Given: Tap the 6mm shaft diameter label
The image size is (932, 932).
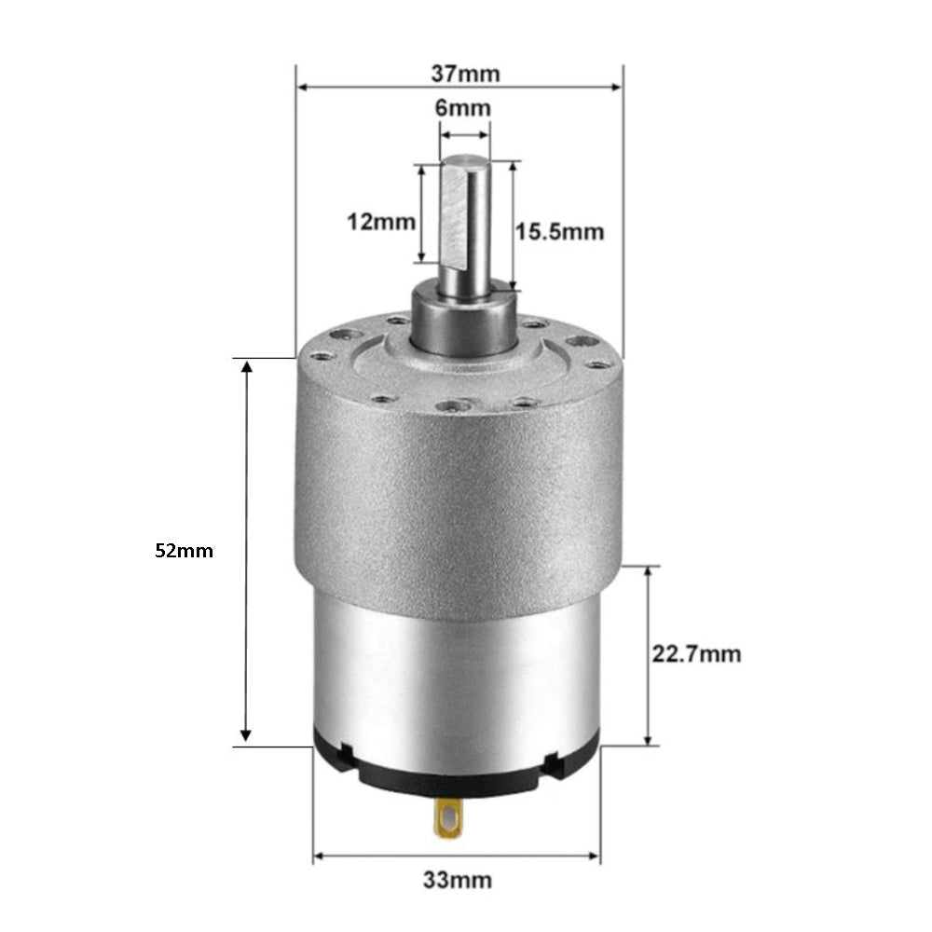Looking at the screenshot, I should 463,107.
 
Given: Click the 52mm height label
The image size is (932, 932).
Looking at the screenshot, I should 184,551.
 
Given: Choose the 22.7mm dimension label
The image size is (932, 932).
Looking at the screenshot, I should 696,654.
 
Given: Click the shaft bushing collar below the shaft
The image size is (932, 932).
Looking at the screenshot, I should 463,322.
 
